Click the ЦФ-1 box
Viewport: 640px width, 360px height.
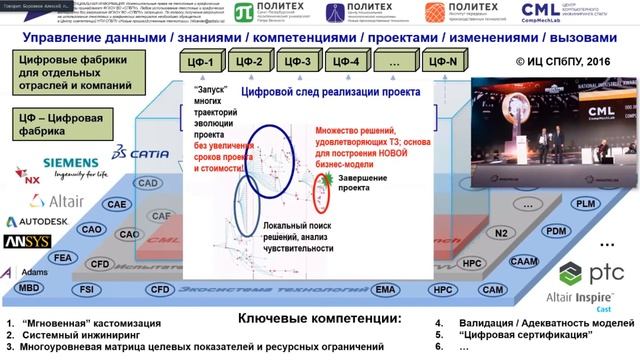click(204, 62)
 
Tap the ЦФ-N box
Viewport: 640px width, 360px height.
click(443, 62)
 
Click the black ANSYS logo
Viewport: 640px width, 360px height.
click(25, 242)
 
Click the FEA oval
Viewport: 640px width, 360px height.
click(62, 257)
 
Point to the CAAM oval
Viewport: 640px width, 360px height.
click(523, 260)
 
